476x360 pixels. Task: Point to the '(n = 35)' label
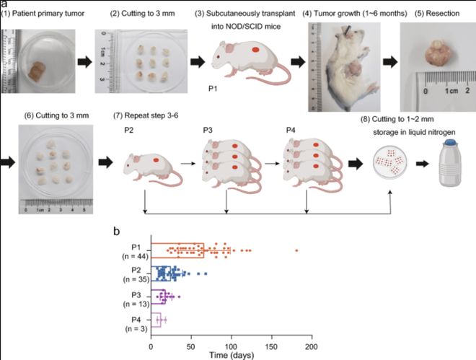pyautogui.click(x=133, y=278)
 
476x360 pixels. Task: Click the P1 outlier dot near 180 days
pyautogui.click(x=296, y=250)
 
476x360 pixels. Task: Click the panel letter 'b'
pyautogui.click(x=117, y=232)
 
